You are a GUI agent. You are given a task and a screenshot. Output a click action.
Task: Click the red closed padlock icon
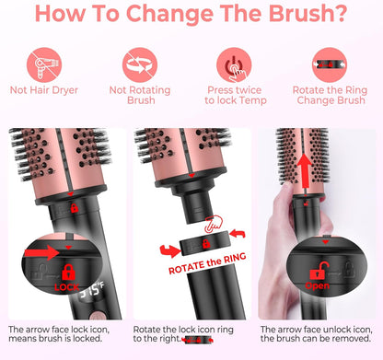click(67, 272)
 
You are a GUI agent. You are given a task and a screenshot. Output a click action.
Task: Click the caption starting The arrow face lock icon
click(63, 333)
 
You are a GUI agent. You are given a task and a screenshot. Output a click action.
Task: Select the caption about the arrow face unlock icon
click(317, 333)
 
